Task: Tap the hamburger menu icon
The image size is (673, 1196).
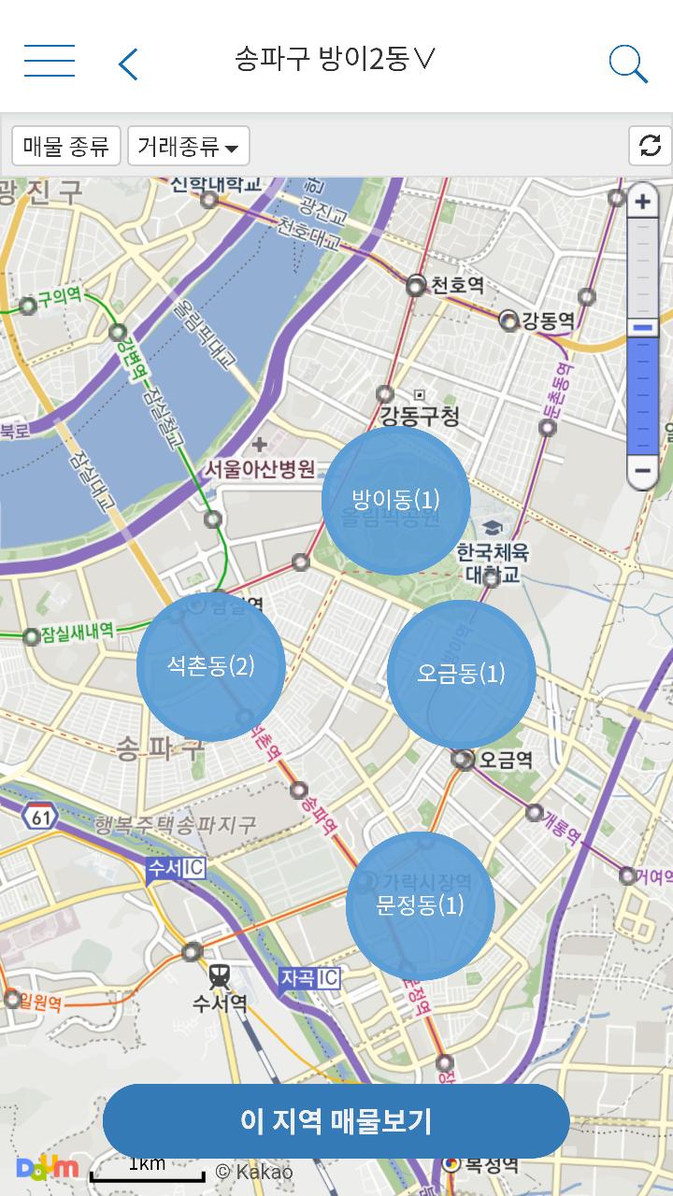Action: (50, 61)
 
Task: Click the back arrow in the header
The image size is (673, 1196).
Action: (129, 64)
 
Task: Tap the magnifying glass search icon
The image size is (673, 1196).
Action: (628, 64)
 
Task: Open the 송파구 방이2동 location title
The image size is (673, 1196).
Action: (335, 60)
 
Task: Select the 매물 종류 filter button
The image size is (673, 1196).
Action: (65, 146)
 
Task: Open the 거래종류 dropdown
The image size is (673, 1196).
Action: (188, 146)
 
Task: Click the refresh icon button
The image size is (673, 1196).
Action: (650, 146)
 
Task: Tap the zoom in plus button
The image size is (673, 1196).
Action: (642, 201)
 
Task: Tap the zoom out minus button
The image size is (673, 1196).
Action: (642, 470)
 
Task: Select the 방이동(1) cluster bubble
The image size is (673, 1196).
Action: (395, 500)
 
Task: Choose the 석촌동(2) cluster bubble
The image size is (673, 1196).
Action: (210, 667)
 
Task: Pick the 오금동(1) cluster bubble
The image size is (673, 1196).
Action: (461, 674)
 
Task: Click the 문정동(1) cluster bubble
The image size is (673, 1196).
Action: (420, 905)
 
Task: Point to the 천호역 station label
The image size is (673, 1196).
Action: (455, 285)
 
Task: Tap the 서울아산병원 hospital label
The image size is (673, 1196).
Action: (260, 468)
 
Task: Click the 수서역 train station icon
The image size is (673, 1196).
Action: (220, 977)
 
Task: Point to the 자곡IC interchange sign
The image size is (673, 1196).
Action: (309, 978)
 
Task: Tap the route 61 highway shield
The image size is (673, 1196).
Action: (42, 817)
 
